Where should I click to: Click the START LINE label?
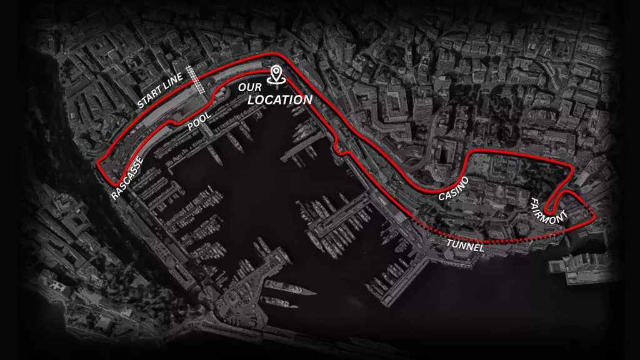coord(160,91)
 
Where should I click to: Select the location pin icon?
coord(275,75)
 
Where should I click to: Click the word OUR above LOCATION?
coord(250,87)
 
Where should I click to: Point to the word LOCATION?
coord(279,100)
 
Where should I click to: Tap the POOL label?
coord(199,122)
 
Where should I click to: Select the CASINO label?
coord(454,188)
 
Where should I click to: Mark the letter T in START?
coord(146,100)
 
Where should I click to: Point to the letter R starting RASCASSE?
coord(114,196)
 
